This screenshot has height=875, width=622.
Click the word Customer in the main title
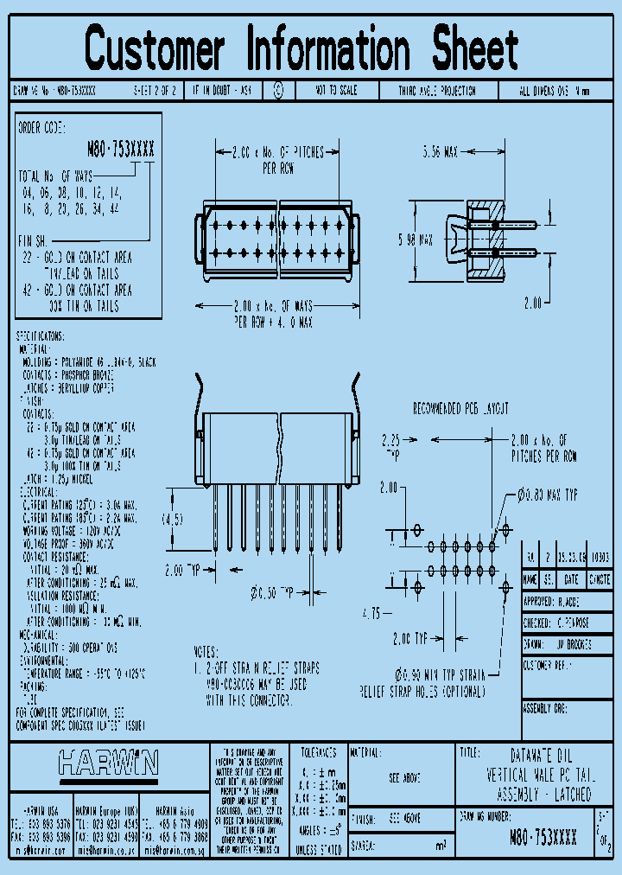pyautogui.click(x=155, y=49)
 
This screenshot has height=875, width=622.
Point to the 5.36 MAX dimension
pyautogui.click(x=441, y=152)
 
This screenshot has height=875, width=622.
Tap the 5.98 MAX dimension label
pyautogui.click(x=415, y=242)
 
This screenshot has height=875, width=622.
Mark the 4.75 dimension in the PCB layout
pyautogui.click(x=371, y=613)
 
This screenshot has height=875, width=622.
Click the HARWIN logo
pyautogui.click(x=108, y=762)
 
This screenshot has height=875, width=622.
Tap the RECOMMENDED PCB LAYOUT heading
pyautogui.click(x=460, y=408)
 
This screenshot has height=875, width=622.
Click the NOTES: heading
pyautogui.click(x=206, y=653)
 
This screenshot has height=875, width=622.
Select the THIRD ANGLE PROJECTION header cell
pyautogui.click(x=436, y=90)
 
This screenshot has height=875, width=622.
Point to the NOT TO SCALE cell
pyautogui.click(x=337, y=90)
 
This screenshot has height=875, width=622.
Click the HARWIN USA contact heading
pyautogui.click(x=41, y=812)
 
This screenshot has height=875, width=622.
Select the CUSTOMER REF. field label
pyautogui.click(x=548, y=665)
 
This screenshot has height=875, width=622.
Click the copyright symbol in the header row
pyautogui.click(x=278, y=90)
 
